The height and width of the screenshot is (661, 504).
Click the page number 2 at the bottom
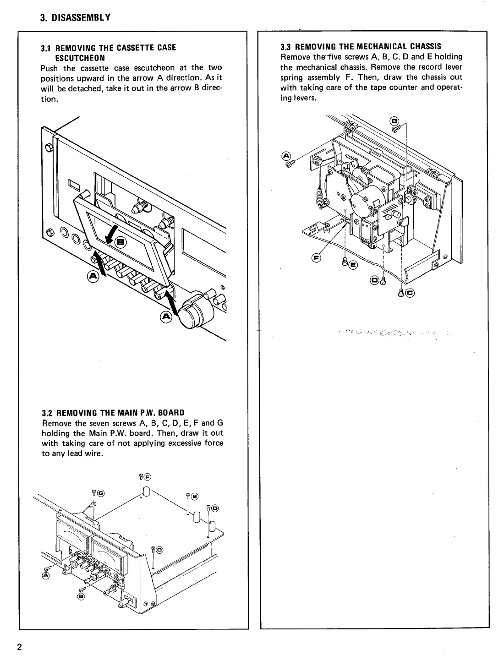pos(19,647)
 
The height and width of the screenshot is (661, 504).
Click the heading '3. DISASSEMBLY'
pos(75,18)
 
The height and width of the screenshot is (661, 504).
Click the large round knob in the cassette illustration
pos(193,312)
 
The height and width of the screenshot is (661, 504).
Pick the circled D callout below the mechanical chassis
pos(374,280)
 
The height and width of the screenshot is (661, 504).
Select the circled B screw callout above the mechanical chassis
pos(393,121)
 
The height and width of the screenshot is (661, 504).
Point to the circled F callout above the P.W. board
pos(148,476)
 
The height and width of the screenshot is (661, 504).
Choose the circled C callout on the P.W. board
pos(159,550)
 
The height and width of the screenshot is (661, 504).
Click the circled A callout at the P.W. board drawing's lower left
pos(46,575)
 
